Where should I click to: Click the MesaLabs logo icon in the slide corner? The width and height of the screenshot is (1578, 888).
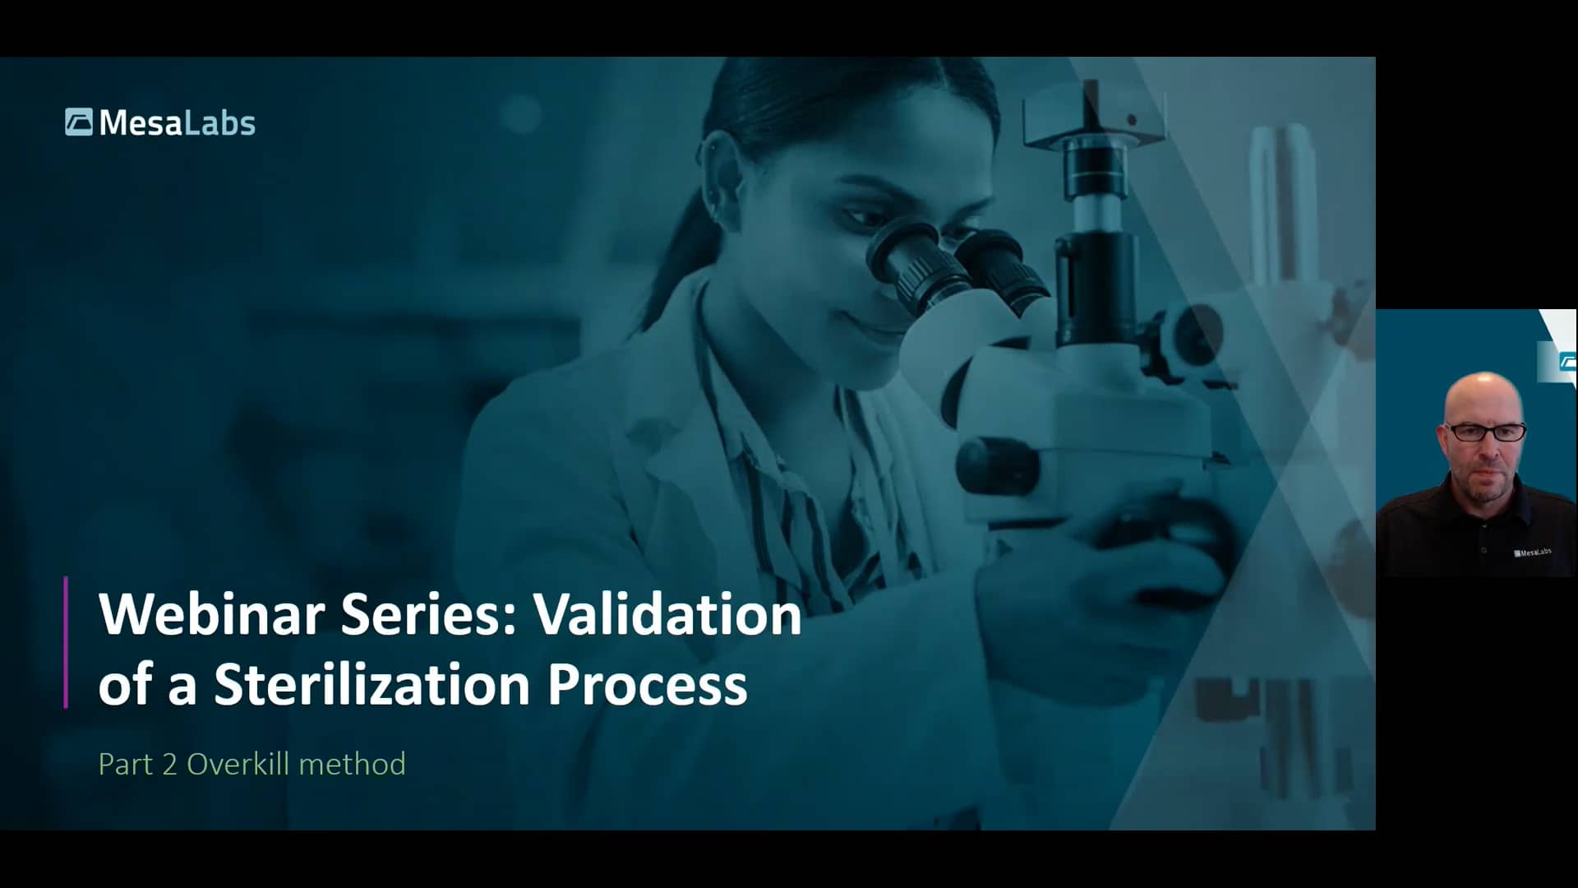[x=79, y=123]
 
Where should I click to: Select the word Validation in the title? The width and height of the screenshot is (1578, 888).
[x=667, y=614]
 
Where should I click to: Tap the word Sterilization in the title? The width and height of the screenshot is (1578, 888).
[x=371, y=684]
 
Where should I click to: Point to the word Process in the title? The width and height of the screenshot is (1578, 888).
[x=647, y=684]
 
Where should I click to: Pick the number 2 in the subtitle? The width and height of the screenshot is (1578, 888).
[x=169, y=764]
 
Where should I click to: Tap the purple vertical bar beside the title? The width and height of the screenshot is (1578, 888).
[x=66, y=642]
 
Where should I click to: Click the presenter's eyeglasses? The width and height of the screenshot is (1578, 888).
[x=1485, y=432]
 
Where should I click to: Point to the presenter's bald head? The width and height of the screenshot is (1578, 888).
[x=1483, y=395]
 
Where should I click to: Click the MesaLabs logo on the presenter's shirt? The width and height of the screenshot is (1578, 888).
[x=1533, y=553]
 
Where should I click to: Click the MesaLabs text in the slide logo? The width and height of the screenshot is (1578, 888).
[x=177, y=123]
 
